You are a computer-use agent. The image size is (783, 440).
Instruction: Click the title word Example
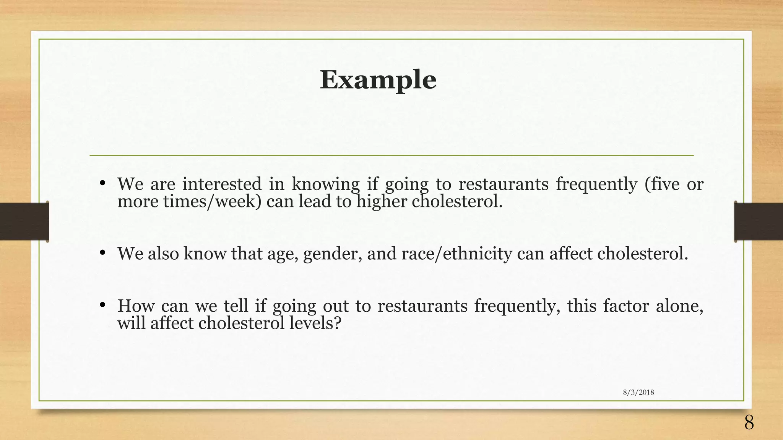click(378, 80)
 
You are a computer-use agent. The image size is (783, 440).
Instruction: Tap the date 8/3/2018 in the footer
click(638, 392)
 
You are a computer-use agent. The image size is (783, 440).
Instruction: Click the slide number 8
click(749, 423)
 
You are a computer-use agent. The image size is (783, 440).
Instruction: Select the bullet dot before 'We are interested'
click(102, 183)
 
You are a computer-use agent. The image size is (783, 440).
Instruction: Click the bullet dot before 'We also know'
click(102, 253)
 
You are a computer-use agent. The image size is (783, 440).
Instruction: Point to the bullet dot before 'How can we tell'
click(102, 305)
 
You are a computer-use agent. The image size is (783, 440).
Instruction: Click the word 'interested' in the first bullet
click(222, 184)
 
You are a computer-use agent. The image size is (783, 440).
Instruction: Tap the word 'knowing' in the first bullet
click(326, 185)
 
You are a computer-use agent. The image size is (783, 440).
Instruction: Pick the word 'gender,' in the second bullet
click(333, 254)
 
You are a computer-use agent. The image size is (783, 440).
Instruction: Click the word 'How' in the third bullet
click(136, 306)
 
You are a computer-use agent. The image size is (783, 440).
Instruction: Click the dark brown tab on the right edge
click(759, 221)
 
